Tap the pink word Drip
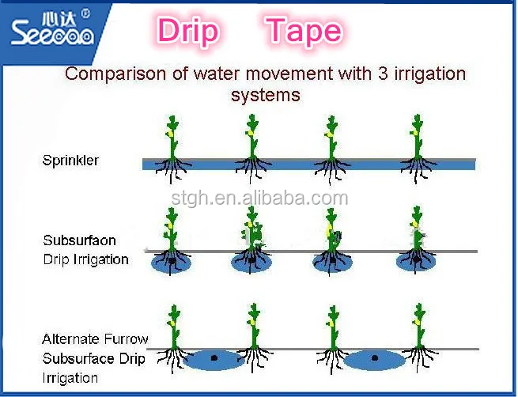[x=188, y=32]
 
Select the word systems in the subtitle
[x=265, y=95]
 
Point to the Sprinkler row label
[x=70, y=161]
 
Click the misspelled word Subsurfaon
[x=80, y=240]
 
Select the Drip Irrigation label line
[x=85, y=259]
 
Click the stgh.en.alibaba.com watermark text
[x=259, y=198]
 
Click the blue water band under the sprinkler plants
[x=308, y=164]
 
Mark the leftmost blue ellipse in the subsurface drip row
[x=171, y=263]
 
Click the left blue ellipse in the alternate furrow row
[x=214, y=359]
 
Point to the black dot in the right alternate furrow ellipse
[x=375, y=358]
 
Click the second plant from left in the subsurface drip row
[x=251, y=233]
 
